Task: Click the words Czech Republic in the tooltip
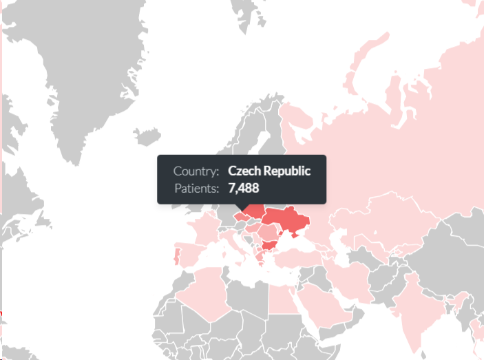269,171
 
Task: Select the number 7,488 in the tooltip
244,188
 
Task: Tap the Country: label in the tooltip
196,171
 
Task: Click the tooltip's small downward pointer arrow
241,207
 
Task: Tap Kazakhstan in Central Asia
386,213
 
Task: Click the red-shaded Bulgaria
269,246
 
